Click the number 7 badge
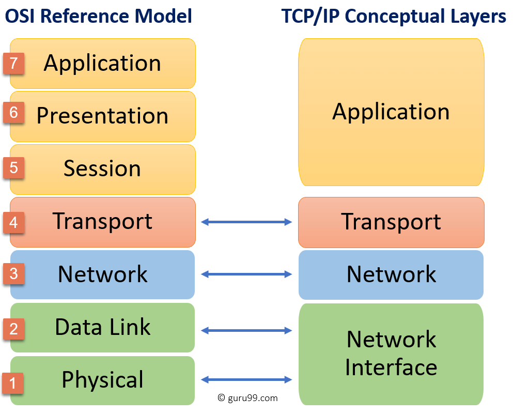coord(13,63)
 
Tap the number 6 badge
coord(13,113)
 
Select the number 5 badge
coord(13,168)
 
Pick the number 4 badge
coord(13,222)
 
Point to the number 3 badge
coord(13,273)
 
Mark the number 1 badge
coord(13,382)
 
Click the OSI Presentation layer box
coord(102,116)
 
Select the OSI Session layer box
coord(102,169)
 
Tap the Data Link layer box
coord(102,327)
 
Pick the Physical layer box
coord(102,380)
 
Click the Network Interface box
coord(391,354)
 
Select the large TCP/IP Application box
coord(391,112)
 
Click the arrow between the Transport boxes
coord(246,222)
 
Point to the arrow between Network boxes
coord(246,275)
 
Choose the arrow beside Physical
coord(246,380)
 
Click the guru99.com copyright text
coord(247,398)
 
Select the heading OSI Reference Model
coord(98,17)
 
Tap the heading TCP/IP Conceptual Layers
coord(394,17)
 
